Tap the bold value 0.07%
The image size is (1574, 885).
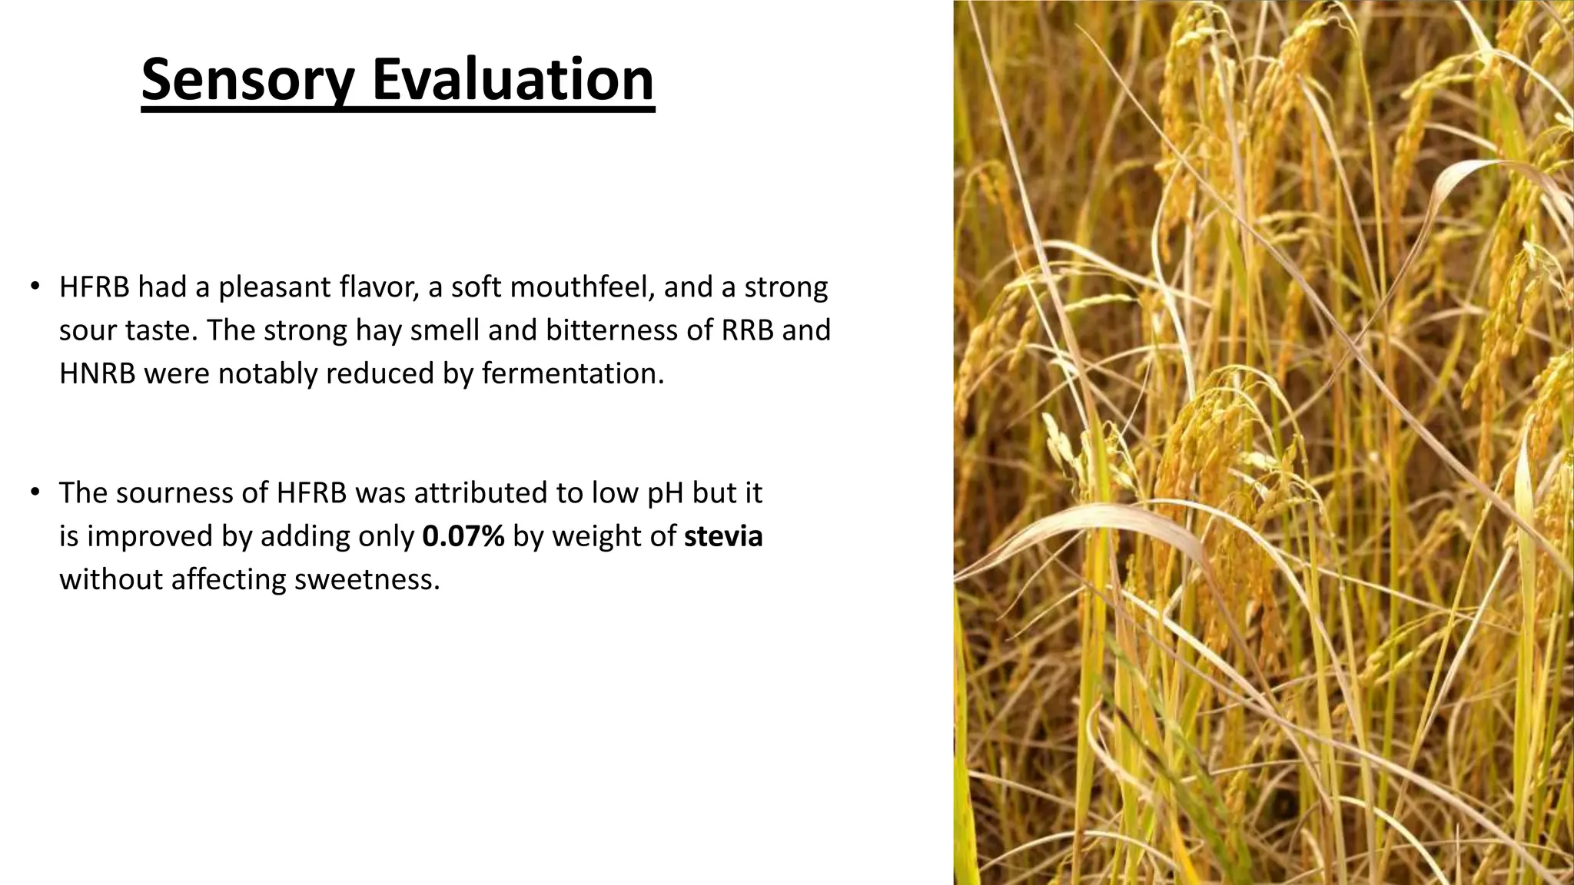[x=463, y=536]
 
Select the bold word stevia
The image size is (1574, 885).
[x=722, y=536]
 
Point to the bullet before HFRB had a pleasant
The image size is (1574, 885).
[x=35, y=287]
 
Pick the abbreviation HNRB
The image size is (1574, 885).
[x=98, y=374]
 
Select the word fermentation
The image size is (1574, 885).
[x=572, y=374]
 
